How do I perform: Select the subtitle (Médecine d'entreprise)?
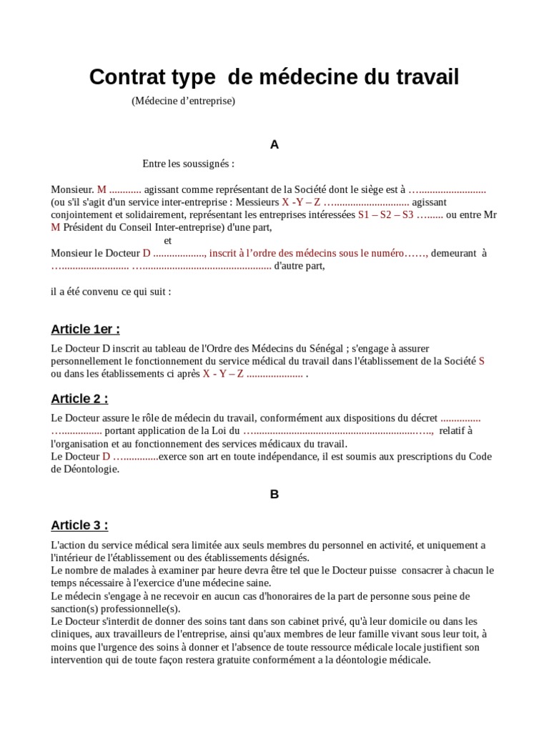[183, 101]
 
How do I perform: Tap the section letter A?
[274, 144]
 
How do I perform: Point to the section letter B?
[274, 494]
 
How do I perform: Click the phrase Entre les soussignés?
[188, 164]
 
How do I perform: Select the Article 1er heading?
[85, 329]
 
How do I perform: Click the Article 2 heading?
[79, 398]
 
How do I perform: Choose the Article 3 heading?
[79, 525]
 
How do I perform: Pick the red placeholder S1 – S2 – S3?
[385, 214]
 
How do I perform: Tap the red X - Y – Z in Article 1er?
[223, 374]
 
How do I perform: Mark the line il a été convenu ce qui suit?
[111, 292]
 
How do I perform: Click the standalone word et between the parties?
[168, 240]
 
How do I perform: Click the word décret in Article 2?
[422, 418]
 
